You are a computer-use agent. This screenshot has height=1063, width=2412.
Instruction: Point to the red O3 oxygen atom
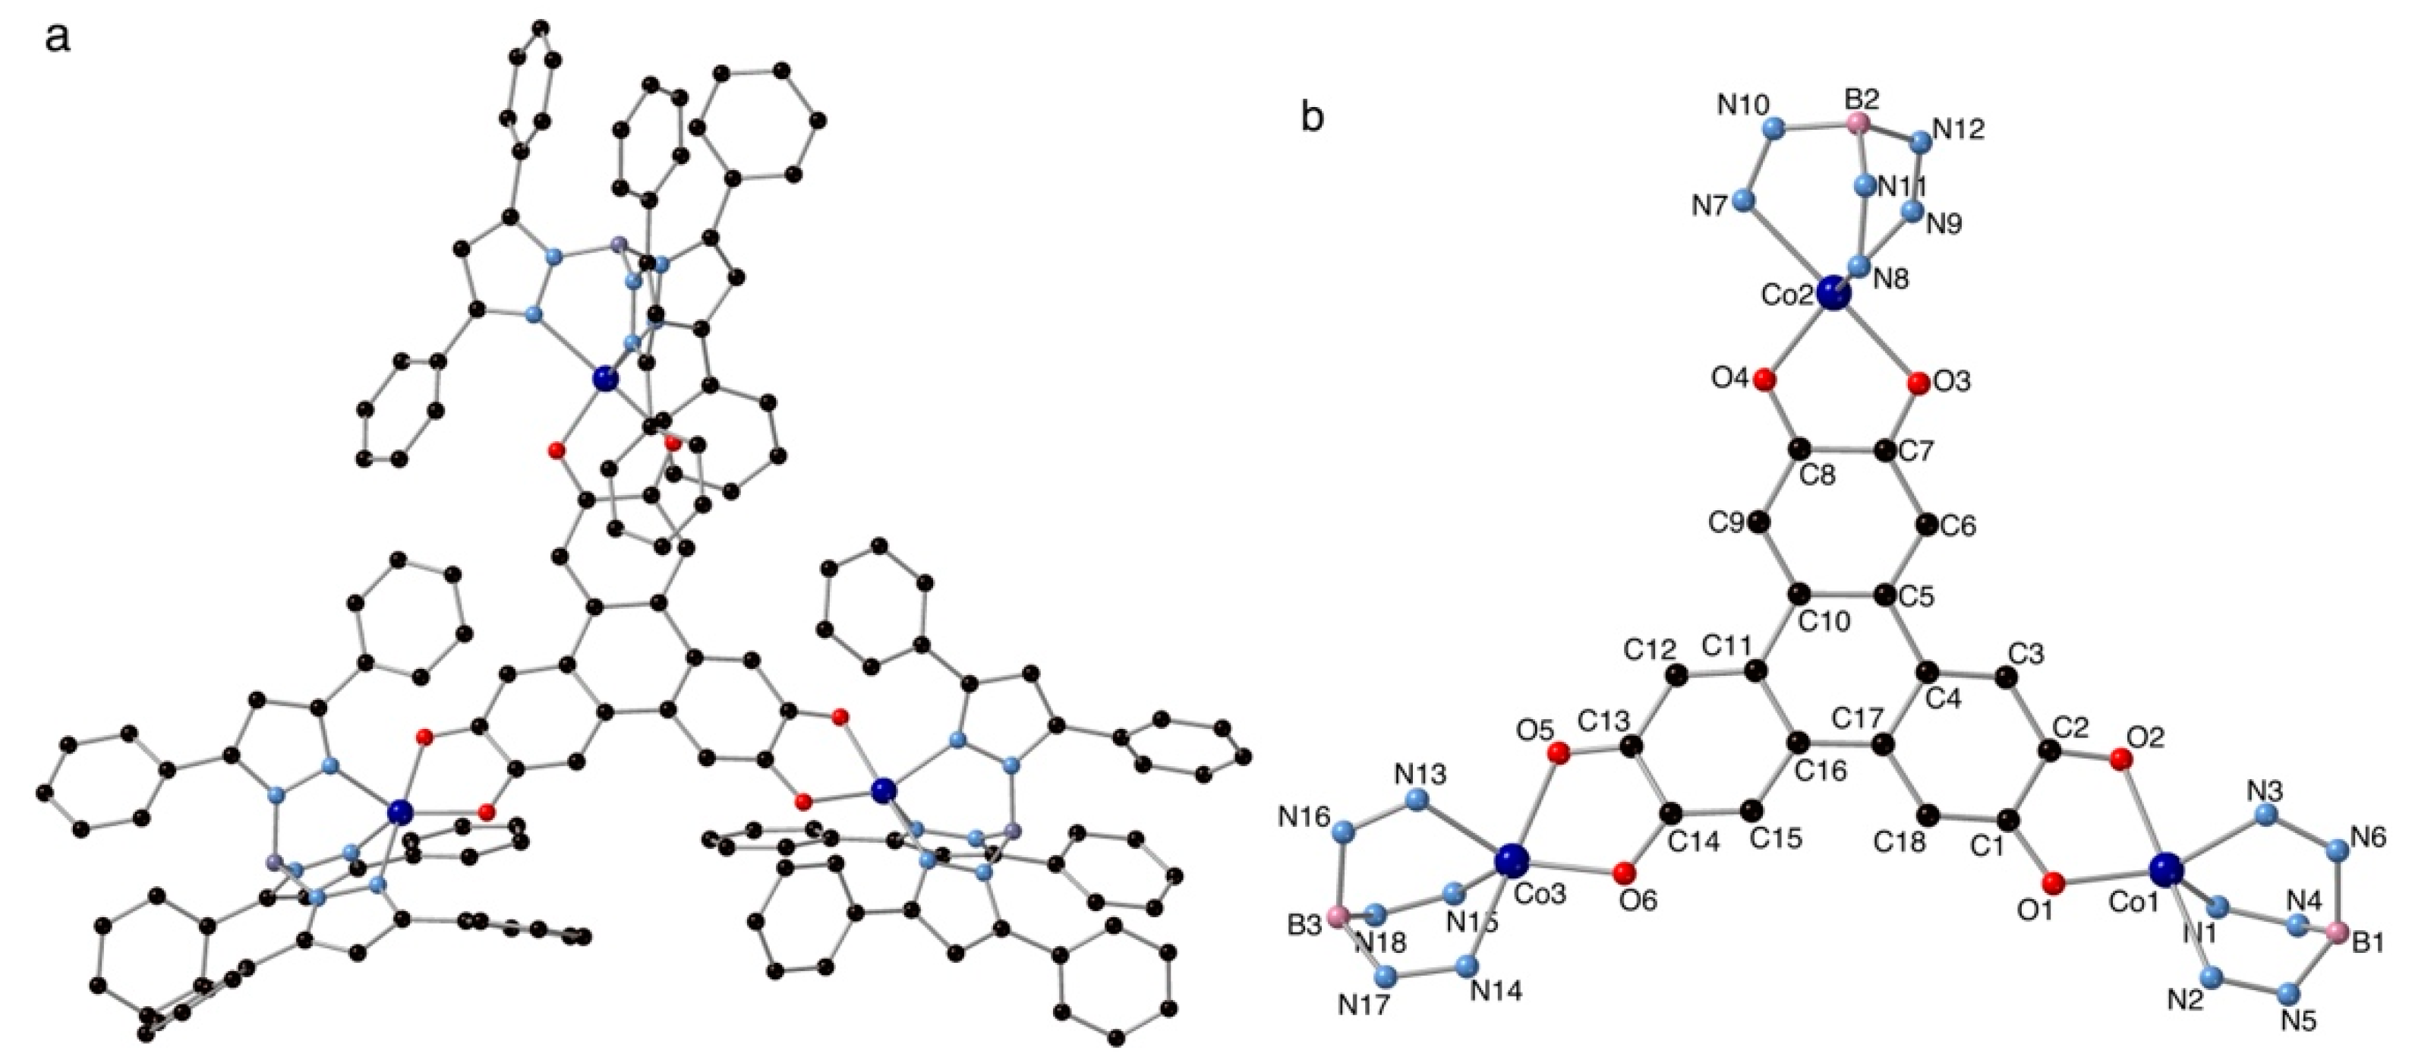(x=1918, y=383)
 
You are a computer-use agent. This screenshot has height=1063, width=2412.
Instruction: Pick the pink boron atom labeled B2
(x=1858, y=124)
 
